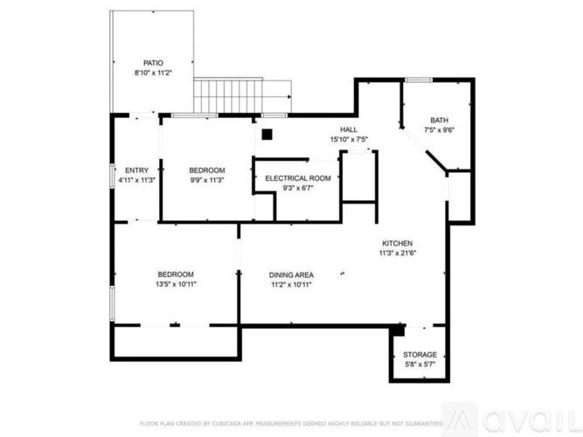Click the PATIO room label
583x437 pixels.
[154, 63]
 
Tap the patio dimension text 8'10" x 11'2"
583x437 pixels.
[154, 73]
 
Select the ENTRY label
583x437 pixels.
[137, 170]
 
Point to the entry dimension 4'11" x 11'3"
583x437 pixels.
[137, 180]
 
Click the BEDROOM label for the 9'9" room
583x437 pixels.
[207, 170]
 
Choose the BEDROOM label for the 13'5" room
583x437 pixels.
[176, 274]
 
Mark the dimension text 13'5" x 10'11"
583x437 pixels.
[176, 285]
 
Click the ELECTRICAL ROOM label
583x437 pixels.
[297, 178]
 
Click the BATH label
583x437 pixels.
[439, 121]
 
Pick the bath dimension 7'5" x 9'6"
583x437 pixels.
[439, 130]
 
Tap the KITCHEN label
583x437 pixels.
[396, 243]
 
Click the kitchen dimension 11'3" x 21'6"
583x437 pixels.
[396, 253]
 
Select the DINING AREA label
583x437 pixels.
[291, 274]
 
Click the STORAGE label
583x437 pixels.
[420, 355]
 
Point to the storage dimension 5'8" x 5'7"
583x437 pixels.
[420, 364]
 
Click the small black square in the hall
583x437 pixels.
[267, 135]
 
